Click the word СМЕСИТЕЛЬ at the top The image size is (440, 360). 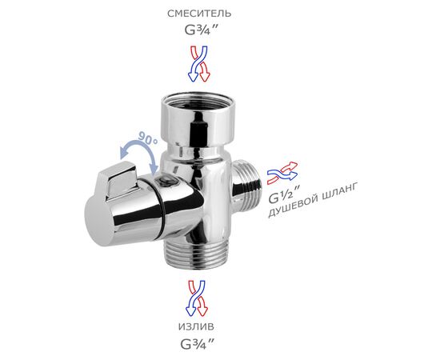[199, 14]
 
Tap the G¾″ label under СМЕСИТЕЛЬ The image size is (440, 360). [201, 30]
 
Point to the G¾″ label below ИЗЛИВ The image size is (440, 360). [198, 344]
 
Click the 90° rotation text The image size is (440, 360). [148, 138]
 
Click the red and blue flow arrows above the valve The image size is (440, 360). [198, 64]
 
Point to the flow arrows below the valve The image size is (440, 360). [197, 298]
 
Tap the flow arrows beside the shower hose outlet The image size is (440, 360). [282, 173]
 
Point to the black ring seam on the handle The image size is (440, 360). [162, 209]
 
